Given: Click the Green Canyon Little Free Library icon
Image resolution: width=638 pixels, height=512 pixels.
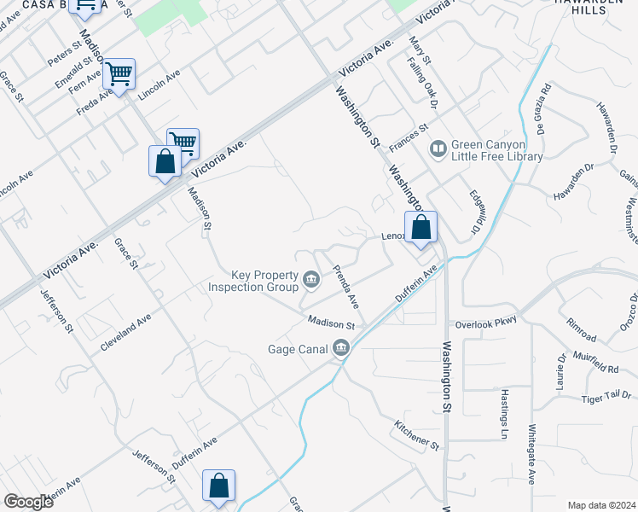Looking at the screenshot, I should tap(438, 149).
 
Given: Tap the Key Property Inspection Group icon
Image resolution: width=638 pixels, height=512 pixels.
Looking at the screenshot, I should tap(311, 277).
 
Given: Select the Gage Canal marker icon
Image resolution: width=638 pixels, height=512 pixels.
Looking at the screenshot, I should tap(342, 347).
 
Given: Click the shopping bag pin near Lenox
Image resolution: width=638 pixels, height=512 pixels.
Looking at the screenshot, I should tap(420, 228).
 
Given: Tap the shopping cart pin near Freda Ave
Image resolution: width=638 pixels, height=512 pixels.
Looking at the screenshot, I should tap(119, 75).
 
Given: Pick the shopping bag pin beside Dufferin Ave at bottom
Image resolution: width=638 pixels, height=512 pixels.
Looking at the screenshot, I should tap(218, 486).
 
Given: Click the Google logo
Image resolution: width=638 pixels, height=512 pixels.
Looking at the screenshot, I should tap(28, 502).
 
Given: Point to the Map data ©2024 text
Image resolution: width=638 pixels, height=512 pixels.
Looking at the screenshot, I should tap(602, 504).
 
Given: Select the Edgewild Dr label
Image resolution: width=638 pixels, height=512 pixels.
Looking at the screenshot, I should tap(476, 213).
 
